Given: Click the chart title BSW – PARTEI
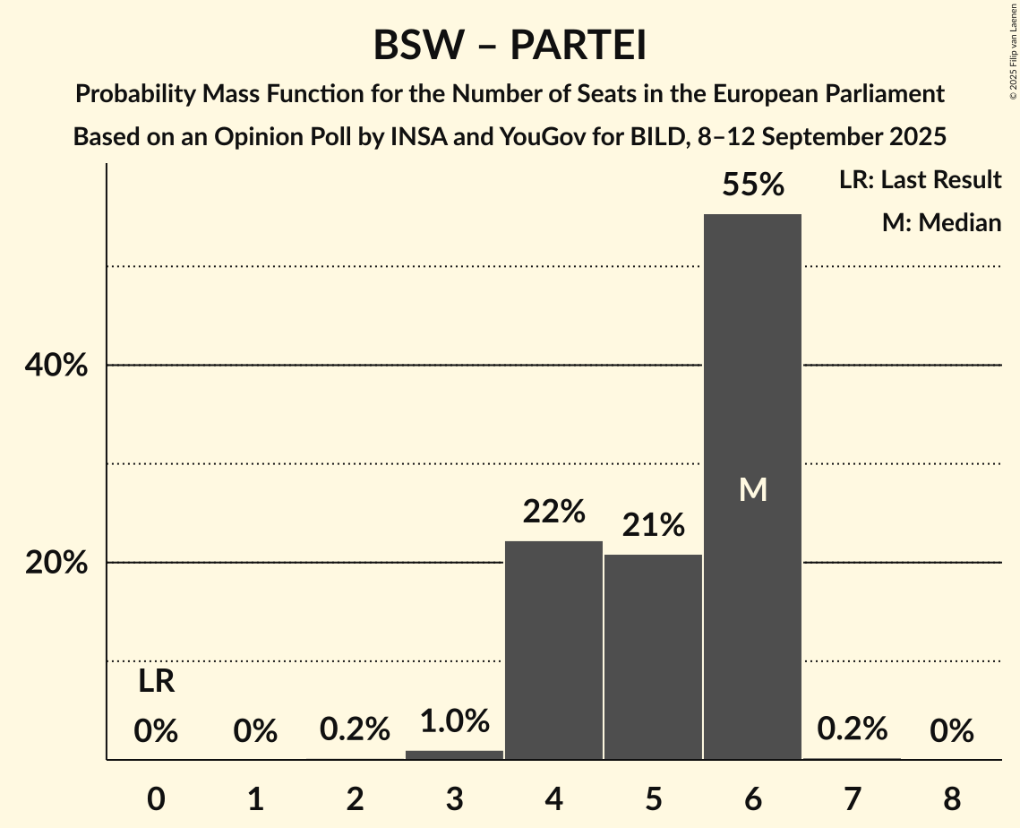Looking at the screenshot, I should tap(510, 45).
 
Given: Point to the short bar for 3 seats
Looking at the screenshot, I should tap(454, 755).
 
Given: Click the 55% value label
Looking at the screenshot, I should tap(753, 185).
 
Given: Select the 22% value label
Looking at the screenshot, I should tap(554, 512).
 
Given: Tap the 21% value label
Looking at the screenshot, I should tap(654, 525).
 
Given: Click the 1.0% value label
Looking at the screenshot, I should tap(455, 720).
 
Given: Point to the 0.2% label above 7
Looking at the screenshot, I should tap(852, 729).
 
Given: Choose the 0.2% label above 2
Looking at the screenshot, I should tap(356, 729).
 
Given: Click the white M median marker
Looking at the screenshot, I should tap(753, 489).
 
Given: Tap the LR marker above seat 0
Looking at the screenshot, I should tap(156, 682).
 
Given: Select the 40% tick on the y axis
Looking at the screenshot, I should tap(56, 366).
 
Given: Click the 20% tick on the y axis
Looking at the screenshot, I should tap(56, 563).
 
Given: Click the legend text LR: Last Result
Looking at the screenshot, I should tap(920, 180).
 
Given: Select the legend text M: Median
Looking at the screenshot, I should tap(941, 222).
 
